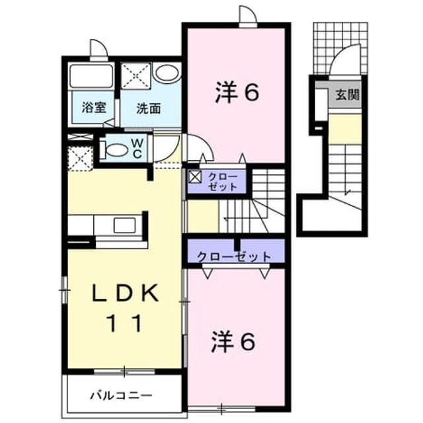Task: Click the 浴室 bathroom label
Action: click(x=94, y=108)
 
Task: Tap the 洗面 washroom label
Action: click(x=149, y=108)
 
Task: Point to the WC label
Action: click(x=137, y=148)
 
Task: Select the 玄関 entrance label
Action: click(x=348, y=95)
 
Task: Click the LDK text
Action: click(x=125, y=293)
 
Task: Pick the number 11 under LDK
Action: click(x=125, y=323)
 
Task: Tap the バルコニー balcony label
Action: click(x=121, y=396)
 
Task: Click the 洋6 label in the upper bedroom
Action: click(x=237, y=93)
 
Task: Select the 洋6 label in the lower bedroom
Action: click(x=233, y=341)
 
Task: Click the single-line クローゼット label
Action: click(x=234, y=256)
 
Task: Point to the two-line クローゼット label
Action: click(x=223, y=182)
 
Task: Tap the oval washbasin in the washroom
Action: click(x=167, y=72)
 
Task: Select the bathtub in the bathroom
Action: click(x=91, y=75)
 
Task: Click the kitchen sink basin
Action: click(x=124, y=225)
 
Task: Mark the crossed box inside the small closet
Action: click(x=194, y=176)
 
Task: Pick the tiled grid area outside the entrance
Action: click(x=340, y=48)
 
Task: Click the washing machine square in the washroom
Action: click(x=135, y=75)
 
